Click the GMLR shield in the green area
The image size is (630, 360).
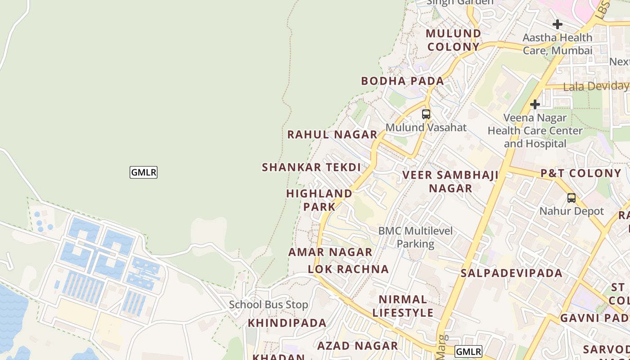click(144, 172)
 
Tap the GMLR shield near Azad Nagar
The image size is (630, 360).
click(468, 351)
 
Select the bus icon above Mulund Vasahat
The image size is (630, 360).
click(426, 114)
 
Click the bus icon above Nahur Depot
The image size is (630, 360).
click(571, 198)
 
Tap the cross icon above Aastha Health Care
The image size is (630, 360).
click(558, 24)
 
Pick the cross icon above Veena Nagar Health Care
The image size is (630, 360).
click(535, 104)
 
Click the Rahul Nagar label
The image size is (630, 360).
click(332, 135)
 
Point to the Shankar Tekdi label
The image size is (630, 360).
click(311, 167)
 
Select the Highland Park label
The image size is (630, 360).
click(319, 200)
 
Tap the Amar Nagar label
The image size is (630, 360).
click(330, 252)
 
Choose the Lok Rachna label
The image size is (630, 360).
click(348, 269)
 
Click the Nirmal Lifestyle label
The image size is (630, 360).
click(403, 306)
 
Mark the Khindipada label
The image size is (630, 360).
click(287, 323)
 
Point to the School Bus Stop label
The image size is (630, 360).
click(269, 305)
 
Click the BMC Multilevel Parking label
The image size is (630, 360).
click(415, 237)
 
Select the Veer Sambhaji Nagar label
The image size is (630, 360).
click(450, 181)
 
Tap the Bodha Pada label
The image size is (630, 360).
click(402, 81)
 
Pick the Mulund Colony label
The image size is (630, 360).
click(453, 40)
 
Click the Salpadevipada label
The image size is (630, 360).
click(511, 273)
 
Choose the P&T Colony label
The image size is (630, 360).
click(580, 173)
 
